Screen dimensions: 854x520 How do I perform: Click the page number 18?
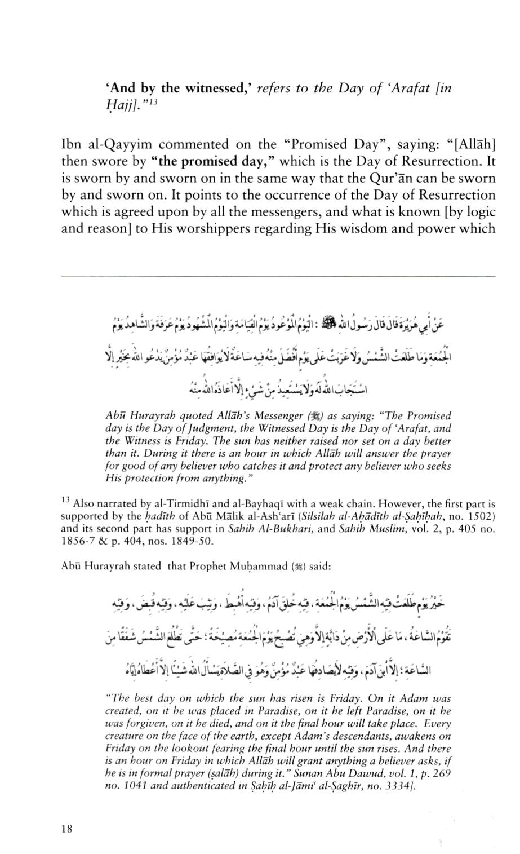[66, 829]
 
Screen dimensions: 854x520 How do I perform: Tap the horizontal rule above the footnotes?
[278, 276]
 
